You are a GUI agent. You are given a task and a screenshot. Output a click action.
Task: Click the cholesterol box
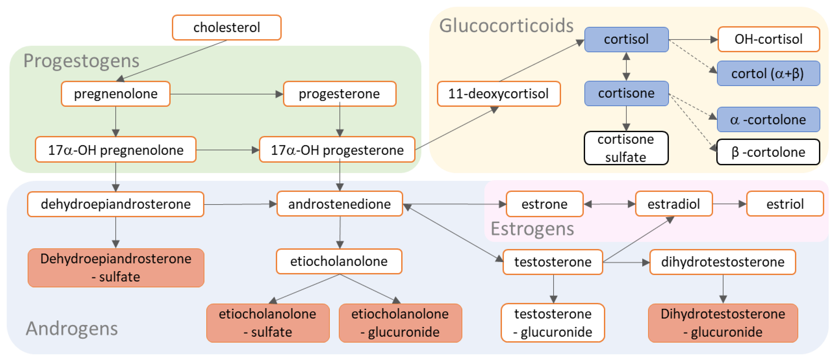pos(226,28)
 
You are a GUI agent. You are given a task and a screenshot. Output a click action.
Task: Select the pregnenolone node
pos(116,94)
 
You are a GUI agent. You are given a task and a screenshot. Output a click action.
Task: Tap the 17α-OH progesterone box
pos(337,150)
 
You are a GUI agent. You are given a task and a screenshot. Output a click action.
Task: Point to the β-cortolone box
pos(768,152)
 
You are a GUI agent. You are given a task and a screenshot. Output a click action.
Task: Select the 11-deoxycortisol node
pos(499,94)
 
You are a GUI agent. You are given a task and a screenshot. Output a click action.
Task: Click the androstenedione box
pos(339,204)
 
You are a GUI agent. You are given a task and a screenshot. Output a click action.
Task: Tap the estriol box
pos(785,204)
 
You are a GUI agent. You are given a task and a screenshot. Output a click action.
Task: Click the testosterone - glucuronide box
pos(553,323)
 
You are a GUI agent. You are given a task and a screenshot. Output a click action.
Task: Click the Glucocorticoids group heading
pos(506,26)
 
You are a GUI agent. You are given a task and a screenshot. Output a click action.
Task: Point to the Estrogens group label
pos(532,229)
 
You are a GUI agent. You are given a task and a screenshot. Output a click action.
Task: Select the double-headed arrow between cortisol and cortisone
pos(626,66)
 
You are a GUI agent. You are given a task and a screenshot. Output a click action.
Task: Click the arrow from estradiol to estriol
pos(729,204)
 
